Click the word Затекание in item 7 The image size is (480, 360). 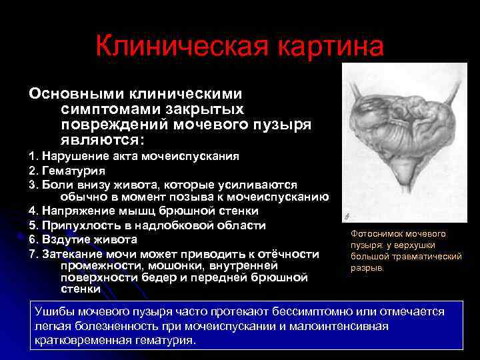(x=73, y=253)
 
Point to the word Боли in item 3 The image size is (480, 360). (x=55, y=184)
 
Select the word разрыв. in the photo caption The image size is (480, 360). (x=368, y=267)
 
